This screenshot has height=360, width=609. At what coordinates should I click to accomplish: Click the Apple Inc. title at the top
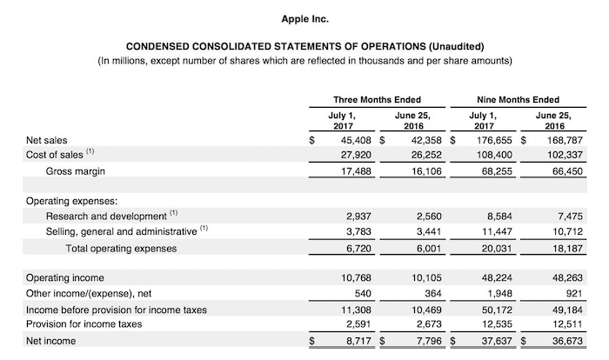click(x=305, y=17)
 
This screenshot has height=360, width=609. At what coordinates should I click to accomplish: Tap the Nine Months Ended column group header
click(x=519, y=100)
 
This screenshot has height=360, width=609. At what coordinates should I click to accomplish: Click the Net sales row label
click(x=47, y=139)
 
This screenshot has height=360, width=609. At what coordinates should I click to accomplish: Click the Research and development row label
click(x=105, y=216)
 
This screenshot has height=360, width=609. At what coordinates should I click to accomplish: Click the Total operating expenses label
click(x=121, y=248)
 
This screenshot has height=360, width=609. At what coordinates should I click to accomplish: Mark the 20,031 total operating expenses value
click(x=497, y=248)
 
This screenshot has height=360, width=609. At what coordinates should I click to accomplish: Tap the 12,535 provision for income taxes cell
click(x=497, y=325)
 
